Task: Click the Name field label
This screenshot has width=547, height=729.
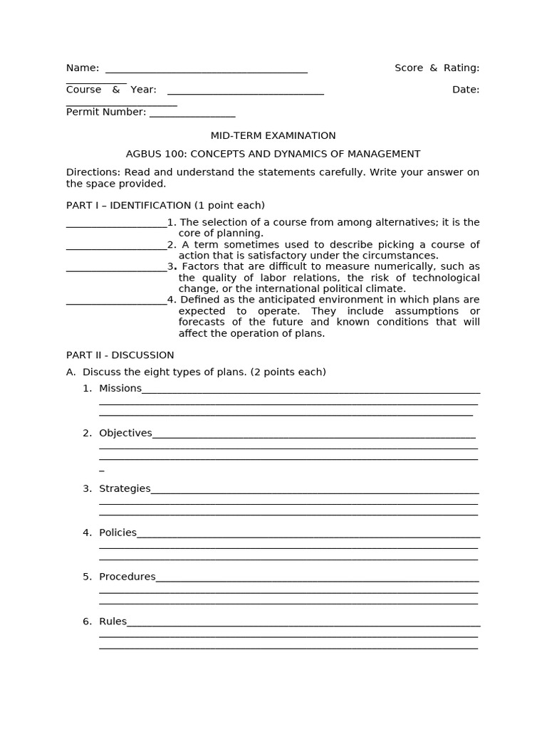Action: [x=83, y=68]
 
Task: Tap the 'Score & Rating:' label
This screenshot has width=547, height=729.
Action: [x=437, y=68]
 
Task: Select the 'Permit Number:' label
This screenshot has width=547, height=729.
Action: [x=106, y=112]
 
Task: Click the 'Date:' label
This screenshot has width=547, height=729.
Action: [x=465, y=90]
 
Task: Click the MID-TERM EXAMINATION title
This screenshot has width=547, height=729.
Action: [x=273, y=136]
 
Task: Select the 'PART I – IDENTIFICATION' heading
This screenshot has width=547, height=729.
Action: [x=128, y=206]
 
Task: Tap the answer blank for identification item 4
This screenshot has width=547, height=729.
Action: [x=116, y=301]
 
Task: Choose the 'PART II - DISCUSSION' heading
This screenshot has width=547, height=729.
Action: [x=120, y=355]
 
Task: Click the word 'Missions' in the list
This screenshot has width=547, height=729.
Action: [x=120, y=389]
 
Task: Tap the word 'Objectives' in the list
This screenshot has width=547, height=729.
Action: [x=125, y=434]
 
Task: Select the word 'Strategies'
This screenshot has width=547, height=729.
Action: [x=125, y=489]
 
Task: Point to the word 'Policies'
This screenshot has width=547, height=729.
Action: [x=118, y=533]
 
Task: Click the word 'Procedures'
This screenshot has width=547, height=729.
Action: [x=127, y=577]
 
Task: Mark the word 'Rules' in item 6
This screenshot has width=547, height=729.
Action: [x=113, y=622]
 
